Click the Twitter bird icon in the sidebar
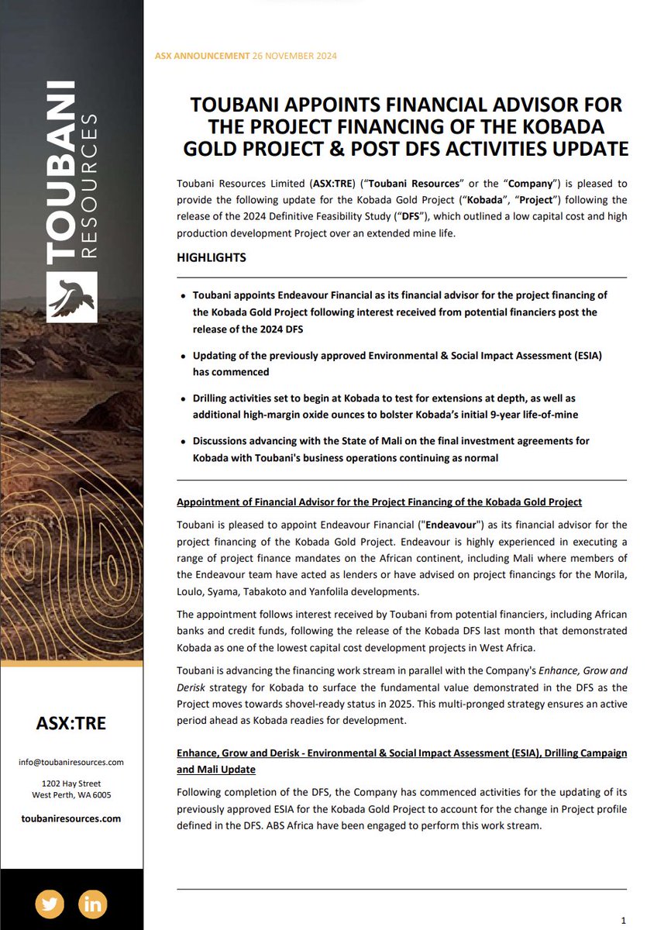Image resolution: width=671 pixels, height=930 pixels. click(x=50, y=904)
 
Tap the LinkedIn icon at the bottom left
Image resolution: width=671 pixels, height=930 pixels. click(x=93, y=904)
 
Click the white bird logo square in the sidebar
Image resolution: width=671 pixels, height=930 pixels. click(x=71, y=297)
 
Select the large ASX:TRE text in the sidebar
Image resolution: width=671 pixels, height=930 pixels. click(x=71, y=723)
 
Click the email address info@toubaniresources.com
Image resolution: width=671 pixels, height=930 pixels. click(x=71, y=763)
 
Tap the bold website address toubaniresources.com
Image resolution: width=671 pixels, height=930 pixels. click(x=71, y=818)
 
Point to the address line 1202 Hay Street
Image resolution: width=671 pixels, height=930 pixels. click(x=71, y=784)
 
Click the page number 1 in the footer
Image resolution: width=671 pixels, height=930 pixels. click(x=623, y=919)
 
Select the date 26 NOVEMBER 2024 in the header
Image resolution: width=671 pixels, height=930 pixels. click(x=294, y=56)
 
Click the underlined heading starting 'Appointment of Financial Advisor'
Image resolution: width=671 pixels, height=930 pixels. click(x=379, y=502)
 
